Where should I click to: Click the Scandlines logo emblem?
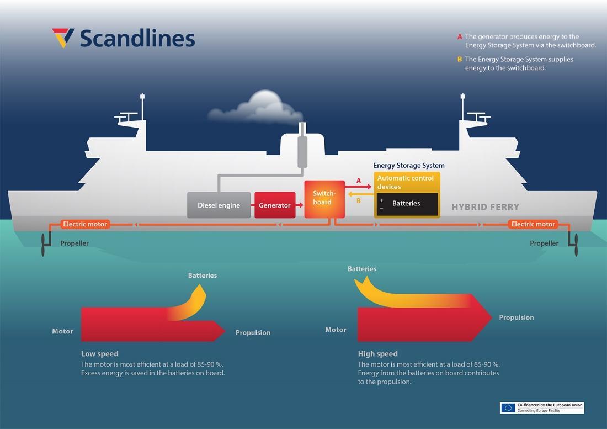[63, 38]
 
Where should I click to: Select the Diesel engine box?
[219, 205]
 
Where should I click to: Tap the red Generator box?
[275, 205]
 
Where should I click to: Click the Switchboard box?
[324, 198]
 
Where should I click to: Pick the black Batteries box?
[407, 204]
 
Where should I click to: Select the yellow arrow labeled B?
[359, 194]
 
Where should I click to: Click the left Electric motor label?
[85, 224]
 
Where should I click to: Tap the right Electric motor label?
[533, 224]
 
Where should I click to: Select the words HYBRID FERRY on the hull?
[485, 207]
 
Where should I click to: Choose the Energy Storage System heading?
[408, 165]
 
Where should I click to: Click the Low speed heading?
[99, 353]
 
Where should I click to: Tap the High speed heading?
[377, 353]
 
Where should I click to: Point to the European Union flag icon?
[508, 407]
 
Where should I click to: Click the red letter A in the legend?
[459, 37]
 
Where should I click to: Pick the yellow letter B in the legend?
[459, 59]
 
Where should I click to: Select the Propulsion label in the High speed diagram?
[516, 317]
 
